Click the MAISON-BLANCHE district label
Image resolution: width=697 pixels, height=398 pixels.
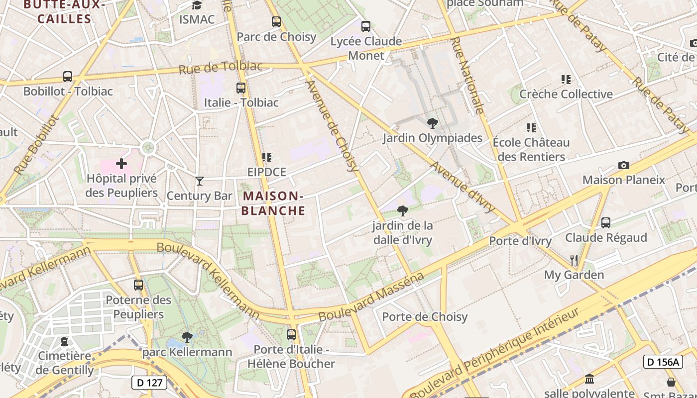coord(273,203)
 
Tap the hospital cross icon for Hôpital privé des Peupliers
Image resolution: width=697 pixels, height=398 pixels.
coord(121,163)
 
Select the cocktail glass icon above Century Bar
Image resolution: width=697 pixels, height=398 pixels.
coord(200,181)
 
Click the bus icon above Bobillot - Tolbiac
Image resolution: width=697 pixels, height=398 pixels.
coord(68,77)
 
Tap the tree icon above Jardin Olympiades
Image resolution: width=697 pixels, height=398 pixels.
coord(432,123)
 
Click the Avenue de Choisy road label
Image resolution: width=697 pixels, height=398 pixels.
coord(333,126)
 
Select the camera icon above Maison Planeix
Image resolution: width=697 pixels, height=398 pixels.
coord(623,165)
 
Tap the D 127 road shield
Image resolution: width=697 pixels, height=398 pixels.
coord(149,383)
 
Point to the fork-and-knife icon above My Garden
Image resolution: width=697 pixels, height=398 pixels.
coord(574,260)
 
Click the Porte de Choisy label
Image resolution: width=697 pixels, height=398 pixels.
coord(425,317)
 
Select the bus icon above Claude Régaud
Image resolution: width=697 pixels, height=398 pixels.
coord(606,222)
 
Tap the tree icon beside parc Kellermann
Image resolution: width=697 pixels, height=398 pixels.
coord(187,337)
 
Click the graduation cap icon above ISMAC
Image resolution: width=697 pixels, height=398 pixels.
coord(197,5)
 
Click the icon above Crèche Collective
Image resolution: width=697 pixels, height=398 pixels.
coord(566,79)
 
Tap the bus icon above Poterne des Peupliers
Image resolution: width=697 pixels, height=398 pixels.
coord(138,285)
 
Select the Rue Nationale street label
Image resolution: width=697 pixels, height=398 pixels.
coord(466,75)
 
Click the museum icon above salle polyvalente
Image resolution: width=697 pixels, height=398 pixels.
coord(590,379)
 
